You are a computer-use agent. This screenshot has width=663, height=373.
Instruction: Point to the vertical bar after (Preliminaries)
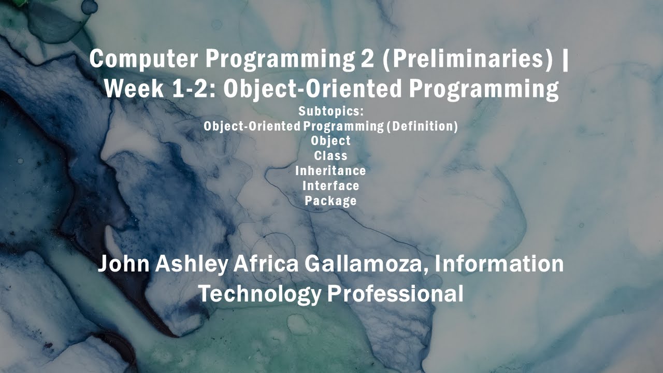565,59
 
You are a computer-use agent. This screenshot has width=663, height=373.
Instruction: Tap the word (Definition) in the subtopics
422,126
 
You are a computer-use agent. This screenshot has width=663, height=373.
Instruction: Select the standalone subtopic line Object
330,141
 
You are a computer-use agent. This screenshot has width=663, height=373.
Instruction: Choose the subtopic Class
330,156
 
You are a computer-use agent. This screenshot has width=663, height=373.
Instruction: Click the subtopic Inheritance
330,171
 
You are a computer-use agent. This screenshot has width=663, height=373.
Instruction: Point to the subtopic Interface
330,185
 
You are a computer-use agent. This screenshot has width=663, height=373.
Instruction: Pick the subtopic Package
330,200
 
